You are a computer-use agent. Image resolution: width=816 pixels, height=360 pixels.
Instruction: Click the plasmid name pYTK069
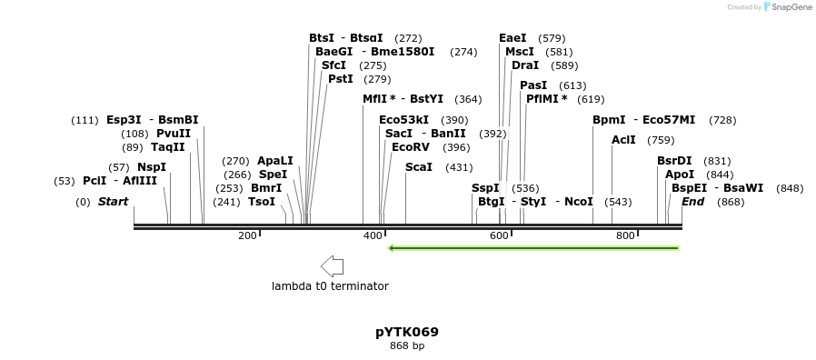[x=407, y=332]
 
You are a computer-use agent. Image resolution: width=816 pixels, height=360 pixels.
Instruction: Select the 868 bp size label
[x=407, y=346]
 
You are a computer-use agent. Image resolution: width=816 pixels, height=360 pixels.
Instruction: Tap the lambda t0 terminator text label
[x=330, y=286]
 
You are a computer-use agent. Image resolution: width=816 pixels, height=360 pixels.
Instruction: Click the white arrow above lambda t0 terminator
[x=332, y=266]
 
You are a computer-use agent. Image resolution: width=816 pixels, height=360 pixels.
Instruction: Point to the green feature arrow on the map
[x=533, y=247]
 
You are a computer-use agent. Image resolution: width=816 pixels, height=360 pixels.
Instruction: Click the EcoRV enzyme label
[x=411, y=147]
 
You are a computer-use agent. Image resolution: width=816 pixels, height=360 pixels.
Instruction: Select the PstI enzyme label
[x=341, y=79]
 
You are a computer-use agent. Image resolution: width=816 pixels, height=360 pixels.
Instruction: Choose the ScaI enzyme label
[x=419, y=167]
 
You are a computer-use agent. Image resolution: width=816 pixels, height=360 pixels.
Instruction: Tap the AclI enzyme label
[x=623, y=140]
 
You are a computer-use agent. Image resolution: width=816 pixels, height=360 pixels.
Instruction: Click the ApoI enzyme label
[x=679, y=175]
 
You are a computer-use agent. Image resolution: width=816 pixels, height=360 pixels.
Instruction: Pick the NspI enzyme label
[x=152, y=167]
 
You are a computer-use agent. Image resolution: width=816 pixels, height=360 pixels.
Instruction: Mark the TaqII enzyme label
[x=167, y=147]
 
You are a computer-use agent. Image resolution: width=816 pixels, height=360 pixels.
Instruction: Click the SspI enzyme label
[x=485, y=188]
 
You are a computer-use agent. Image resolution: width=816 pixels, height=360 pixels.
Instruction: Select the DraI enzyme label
[x=525, y=65]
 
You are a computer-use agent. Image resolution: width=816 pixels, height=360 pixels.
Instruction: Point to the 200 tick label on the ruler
[x=247, y=236]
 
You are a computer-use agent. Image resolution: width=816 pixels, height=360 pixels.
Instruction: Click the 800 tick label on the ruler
[x=625, y=236]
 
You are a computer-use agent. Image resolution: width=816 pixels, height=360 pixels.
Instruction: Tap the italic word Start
[x=114, y=202]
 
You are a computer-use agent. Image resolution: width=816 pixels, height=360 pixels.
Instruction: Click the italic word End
[x=693, y=202]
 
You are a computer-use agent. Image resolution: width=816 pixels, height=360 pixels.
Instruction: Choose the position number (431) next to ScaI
[x=459, y=167]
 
